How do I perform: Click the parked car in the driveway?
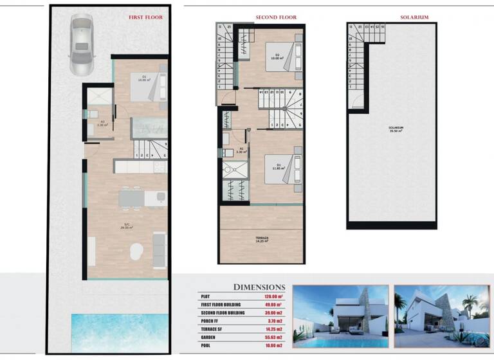click(81, 46)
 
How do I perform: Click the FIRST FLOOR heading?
click(146, 17)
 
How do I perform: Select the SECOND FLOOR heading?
click(276, 17)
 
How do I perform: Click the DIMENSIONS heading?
click(259, 287)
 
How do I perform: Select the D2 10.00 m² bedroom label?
click(278, 57)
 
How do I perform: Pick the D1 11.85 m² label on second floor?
click(278, 169)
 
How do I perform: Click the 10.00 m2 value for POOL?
click(273, 345)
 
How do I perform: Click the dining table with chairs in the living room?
click(133, 198)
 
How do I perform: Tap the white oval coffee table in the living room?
click(136, 251)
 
